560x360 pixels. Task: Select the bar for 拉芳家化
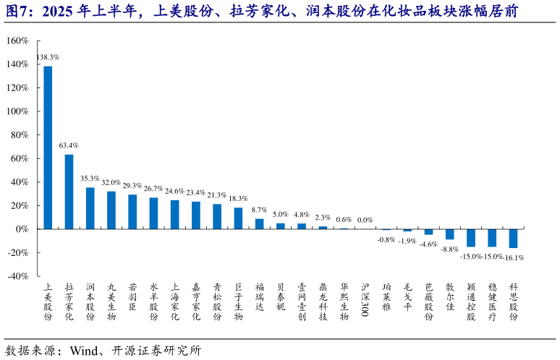[69, 192]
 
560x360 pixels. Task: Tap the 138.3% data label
[48, 56]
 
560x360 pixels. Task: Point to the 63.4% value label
[69, 145]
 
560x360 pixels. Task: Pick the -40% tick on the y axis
[17, 276]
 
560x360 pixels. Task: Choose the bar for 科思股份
[513, 239]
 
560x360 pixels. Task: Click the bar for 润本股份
[90, 208]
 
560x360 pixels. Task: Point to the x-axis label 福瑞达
[259, 296]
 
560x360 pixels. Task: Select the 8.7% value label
[259, 210]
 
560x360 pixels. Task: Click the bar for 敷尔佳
[449, 234]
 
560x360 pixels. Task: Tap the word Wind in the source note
[84, 351]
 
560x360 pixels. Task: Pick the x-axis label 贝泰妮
[281, 296]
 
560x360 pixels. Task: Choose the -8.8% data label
[449, 249]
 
